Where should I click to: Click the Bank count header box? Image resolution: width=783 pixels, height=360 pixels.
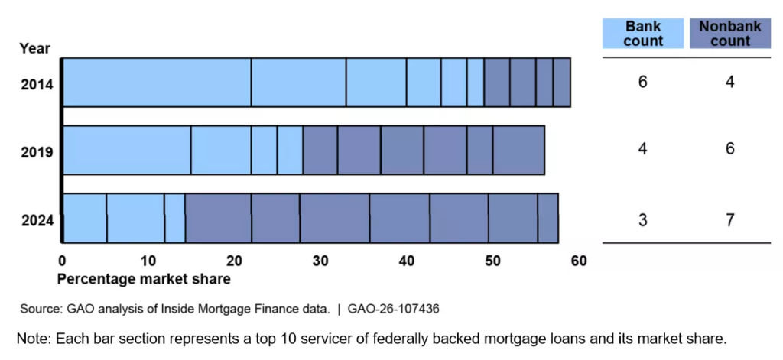click(x=642, y=34)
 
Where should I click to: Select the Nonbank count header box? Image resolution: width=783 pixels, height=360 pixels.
click(x=729, y=34)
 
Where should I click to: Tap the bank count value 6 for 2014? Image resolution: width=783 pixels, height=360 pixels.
click(x=642, y=82)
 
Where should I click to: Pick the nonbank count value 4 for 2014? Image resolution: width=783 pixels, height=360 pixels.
click(x=729, y=82)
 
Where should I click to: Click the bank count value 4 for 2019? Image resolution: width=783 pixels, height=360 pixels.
click(x=642, y=149)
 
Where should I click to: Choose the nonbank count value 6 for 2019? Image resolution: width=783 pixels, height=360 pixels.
click(x=729, y=149)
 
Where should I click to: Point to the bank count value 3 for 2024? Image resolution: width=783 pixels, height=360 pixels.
click(x=642, y=220)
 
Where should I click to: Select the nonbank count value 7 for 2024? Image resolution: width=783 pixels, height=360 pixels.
click(x=729, y=220)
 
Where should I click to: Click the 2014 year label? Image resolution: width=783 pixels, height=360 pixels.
click(x=37, y=83)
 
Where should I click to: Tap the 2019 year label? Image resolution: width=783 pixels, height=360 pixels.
click(x=37, y=152)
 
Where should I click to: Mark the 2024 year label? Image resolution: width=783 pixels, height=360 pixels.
click(x=37, y=220)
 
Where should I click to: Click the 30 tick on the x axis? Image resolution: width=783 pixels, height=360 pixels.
click(x=320, y=261)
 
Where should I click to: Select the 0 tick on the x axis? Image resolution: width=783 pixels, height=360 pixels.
click(x=62, y=261)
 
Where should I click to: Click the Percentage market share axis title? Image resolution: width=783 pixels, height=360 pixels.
click(x=144, y=278)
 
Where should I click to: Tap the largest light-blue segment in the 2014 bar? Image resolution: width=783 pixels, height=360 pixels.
click(x=156, y=82)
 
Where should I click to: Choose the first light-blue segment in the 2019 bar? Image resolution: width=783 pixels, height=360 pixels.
click(x=126, y=150)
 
